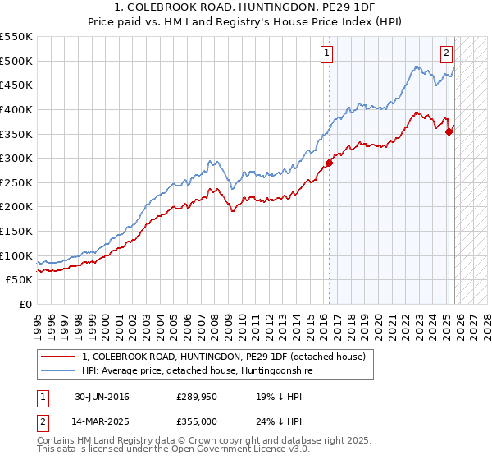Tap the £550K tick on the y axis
16,37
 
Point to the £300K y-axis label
16,158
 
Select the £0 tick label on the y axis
25,304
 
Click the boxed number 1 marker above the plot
326,54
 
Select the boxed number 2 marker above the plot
446,54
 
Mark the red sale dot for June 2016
329,163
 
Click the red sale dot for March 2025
449,131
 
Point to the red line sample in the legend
58,356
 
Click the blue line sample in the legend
58,370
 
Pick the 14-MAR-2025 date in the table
102,421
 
